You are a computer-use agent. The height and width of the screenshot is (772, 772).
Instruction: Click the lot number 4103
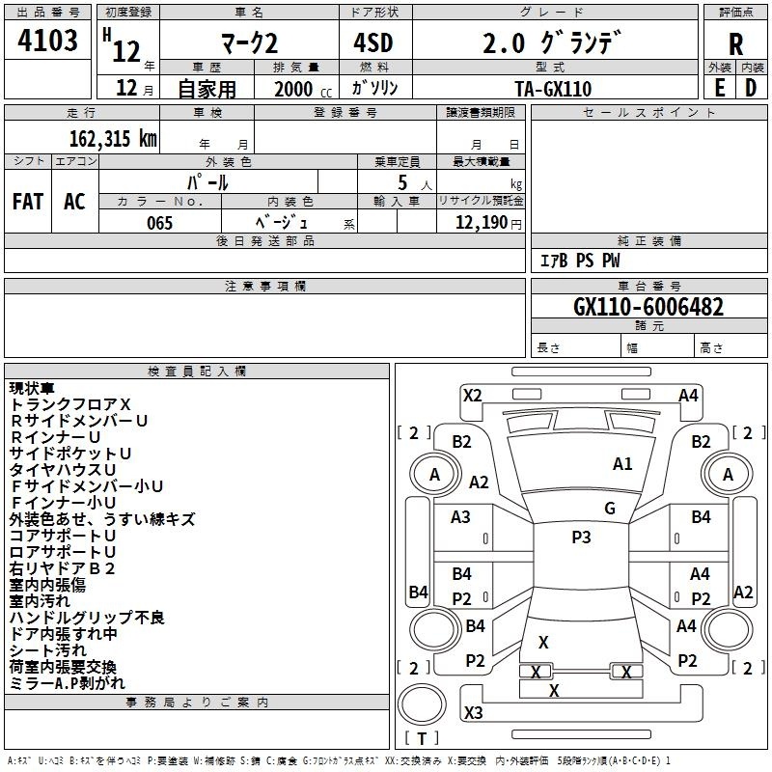(x=47, y=41)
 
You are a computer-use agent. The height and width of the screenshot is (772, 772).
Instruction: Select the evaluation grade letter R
(x=735, y=44)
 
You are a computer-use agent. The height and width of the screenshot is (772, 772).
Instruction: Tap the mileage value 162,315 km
(x=113, y=139)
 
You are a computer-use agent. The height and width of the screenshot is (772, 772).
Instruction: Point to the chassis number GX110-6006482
(x=648, y=307)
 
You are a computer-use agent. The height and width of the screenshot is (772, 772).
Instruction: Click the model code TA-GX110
(x=553, y=89)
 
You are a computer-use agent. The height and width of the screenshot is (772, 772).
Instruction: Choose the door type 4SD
(x=373, y=42)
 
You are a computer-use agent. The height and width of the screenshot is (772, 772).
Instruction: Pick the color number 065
(x=160, y=223)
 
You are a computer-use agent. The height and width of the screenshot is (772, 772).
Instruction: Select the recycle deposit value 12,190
(x=482, y=223)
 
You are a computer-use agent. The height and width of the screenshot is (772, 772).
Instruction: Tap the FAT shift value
(x=28, y=202)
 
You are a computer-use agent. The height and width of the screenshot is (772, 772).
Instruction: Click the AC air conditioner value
(x=74, y=202)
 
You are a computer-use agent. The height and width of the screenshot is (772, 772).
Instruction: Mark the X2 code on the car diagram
(x=472, y=396)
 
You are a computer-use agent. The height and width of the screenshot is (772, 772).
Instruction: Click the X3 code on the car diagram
(x=473, y=712)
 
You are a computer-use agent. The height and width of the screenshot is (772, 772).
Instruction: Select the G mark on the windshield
(x=610, y=509)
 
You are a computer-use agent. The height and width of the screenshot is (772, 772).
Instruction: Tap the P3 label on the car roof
(x=581, y=538)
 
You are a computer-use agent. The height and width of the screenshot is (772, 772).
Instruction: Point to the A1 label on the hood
(x=622, y=464)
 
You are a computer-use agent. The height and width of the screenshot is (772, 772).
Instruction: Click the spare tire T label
(x=422, y=738)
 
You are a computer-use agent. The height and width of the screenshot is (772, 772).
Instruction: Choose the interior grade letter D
(x=751, y=89)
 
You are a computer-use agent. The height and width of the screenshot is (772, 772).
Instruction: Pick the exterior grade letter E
(x=719, y=89)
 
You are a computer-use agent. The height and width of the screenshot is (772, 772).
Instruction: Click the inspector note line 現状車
(x=32, y=388)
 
